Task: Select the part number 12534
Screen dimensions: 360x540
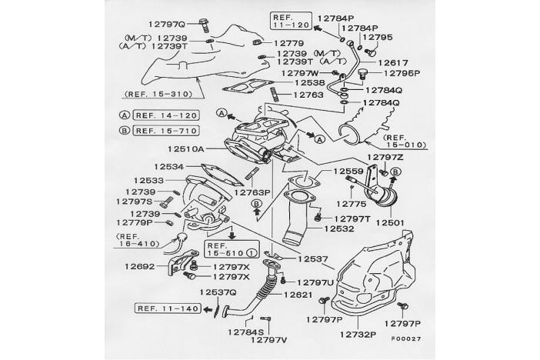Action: (x=168, y=166)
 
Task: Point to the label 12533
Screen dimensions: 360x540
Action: (x=152, y=180)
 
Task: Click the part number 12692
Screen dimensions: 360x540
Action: (x=140, y=267)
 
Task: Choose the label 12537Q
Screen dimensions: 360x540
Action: (x=218, y=292)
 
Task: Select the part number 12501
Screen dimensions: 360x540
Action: (x=389, y=222)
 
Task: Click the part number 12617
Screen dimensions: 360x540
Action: (x=392, y=62)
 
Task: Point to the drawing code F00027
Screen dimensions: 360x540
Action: (x=405, y=338)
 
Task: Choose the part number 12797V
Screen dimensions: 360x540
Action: (x=268, y=339)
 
